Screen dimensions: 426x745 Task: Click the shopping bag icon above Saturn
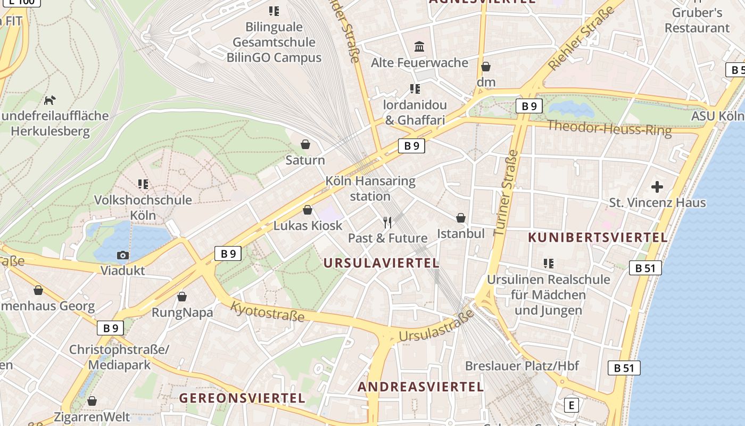[x=305, y=144]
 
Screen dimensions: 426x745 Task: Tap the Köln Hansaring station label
[x=370, y=189]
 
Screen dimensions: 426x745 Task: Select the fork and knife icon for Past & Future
[x=387, y=222]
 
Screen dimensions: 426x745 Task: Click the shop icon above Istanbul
[x=461, y=218]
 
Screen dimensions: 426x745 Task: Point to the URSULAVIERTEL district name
[x=381, y=263]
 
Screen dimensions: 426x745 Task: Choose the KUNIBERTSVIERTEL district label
[x=598, y=237]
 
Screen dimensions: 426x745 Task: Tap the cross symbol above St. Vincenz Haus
[x=657, y=187]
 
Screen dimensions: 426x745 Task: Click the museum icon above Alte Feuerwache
[x=419, y=47]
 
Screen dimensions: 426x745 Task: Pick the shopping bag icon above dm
[x=486, y=67]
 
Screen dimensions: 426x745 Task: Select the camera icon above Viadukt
[x=123, y=255]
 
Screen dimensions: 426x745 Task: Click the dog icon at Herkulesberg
[x=49, y=100]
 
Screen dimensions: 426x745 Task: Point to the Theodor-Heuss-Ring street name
[x=609, y=128]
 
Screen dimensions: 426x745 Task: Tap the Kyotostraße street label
[x=268, y=312]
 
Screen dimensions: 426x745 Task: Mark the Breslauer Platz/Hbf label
[x=521, y=366]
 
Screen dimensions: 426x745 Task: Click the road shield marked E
[x=571, y=405]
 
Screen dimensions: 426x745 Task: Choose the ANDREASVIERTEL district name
[x=420, y=387]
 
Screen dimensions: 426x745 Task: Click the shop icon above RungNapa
[x=182, y=297]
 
